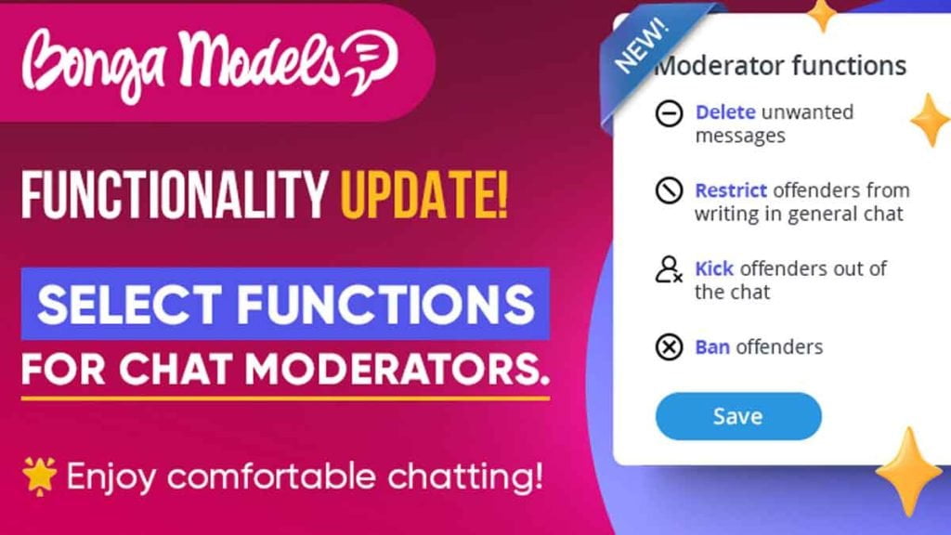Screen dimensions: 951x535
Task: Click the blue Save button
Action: pos(738,416)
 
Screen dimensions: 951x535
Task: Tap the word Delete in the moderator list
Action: pos(725,112)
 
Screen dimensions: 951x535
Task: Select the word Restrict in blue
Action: pos(731,190)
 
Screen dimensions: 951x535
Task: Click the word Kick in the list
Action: pos(714,268)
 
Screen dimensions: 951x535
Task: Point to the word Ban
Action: pos(712,347)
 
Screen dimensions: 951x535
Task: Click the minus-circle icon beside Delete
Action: pos(669,112)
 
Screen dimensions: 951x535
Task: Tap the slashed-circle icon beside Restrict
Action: pos(669,190)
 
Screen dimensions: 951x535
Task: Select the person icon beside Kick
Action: pos(669,269)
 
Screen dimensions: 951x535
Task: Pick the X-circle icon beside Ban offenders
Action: pos(669,347)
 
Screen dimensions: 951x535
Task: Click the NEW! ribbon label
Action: pos(641,45)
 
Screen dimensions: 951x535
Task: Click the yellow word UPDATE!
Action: pos(423,195)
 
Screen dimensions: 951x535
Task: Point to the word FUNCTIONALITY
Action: pos(175,195)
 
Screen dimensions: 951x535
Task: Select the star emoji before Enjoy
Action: pos(39,476)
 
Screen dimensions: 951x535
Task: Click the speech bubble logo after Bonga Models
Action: pos(370,60)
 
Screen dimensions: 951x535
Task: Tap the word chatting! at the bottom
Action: pos(465,476)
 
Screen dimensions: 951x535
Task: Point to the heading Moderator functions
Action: pos(780,66)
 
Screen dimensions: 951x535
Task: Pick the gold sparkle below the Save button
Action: pos(908,471)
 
